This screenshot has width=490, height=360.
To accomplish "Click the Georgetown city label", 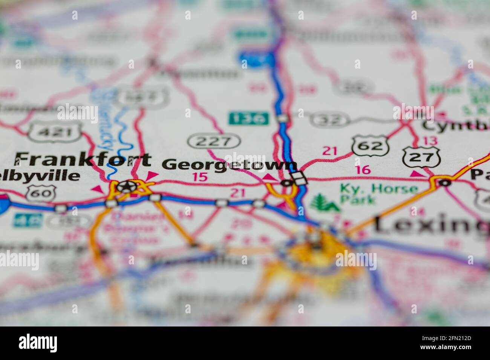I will (229, 165).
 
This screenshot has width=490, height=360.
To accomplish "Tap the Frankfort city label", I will (83, 160).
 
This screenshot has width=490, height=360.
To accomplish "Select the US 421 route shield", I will (55, 132).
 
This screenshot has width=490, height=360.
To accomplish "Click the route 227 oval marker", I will (214, 141).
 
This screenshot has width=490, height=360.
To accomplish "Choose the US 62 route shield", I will (370, 145).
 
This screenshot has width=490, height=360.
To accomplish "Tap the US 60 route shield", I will (41, 193).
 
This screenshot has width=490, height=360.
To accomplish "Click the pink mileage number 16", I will (363, 170).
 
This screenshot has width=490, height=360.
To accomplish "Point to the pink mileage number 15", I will (200, 177).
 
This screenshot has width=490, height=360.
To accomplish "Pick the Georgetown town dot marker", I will (286, 183).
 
